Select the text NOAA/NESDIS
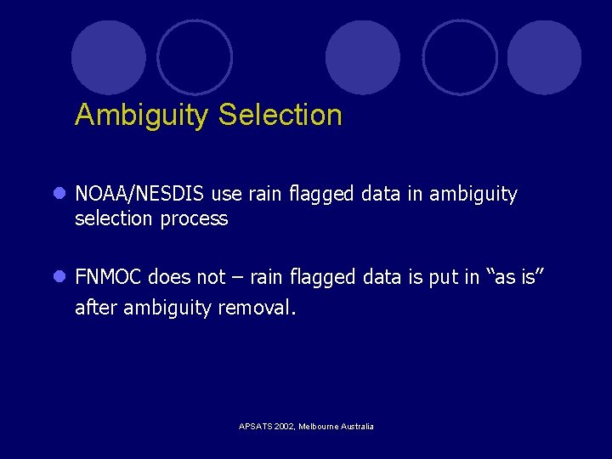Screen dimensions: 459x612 tap(140, 195)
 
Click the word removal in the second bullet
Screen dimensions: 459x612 tap(257, 308)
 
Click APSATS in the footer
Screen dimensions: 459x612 tap(254, 427)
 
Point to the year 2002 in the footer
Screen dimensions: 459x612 tap(285, 427)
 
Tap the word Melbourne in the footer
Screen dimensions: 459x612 tap(319, 427)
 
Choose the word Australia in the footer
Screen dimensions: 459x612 tap(357, 427)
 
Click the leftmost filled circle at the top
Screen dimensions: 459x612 tap(109, 58)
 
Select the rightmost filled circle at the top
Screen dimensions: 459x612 tap(544, 58)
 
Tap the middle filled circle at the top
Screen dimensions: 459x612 tap(363, 58)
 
